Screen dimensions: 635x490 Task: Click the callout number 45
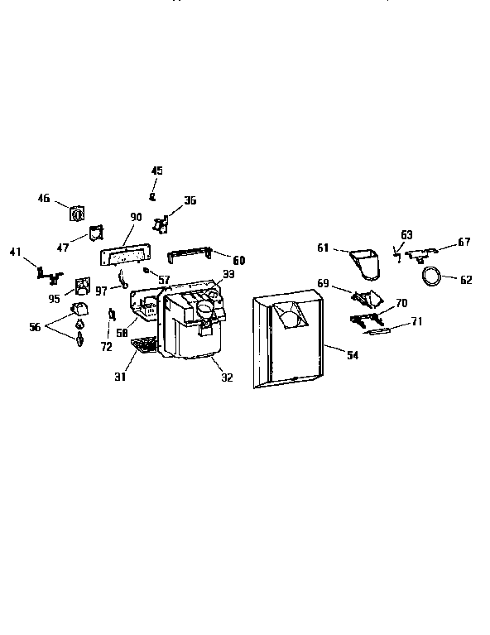pyautogui.click(x=157, y=171)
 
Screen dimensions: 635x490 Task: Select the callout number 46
pyautogui.click(x=44, y=198)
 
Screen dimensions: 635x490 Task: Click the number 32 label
pyautogui.click(x=227, y=378)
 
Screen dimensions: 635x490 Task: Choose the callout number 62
pyautogui.click(x=466, y=280)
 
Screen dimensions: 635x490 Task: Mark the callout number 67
pyautogui.click(x=464, y=242)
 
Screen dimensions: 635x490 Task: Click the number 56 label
pyautogui.click(x=35, y=326)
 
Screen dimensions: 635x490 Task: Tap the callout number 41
pyautogui.click(x=15, y=252)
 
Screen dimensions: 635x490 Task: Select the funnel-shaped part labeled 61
pyautogui.click(x=365, y=264)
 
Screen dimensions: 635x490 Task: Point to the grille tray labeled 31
pyautogui.click(x=144, y=346)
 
